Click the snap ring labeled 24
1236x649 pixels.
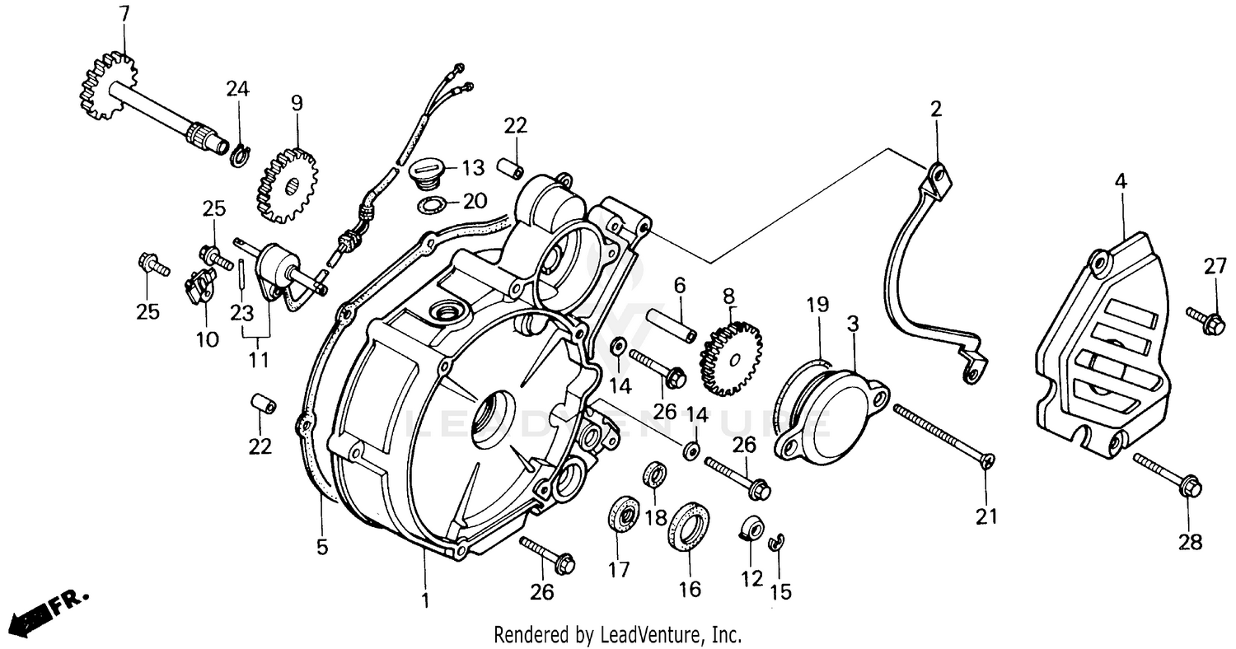tap(238, 154)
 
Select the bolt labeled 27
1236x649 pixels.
tap(1206, 320)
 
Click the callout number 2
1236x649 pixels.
tap(935, 109)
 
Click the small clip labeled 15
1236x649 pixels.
tap(776, 541)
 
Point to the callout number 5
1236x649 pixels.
tap(322, 546)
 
